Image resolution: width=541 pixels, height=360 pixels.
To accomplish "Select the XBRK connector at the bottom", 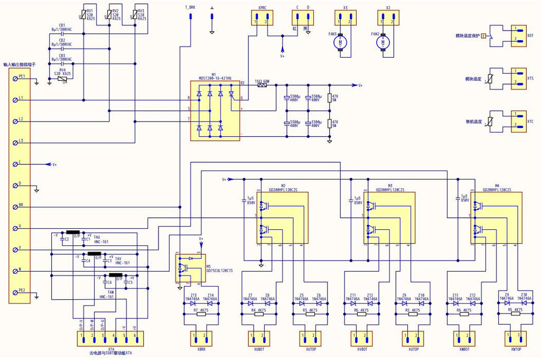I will click(x=201, y=338).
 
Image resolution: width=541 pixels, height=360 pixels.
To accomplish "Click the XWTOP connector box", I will click(x=516, y=338).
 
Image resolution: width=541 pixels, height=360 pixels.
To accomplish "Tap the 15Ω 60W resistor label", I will click(x=263, y=81).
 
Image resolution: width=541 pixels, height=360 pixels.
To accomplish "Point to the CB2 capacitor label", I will click(x=62, y=40).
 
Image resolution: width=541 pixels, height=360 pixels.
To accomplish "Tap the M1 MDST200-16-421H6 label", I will click(x=214, y=77).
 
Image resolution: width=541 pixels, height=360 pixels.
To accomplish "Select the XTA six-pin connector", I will click(x=108, y=338).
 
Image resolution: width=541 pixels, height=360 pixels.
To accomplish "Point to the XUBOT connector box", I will click(x=258, y=338).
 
